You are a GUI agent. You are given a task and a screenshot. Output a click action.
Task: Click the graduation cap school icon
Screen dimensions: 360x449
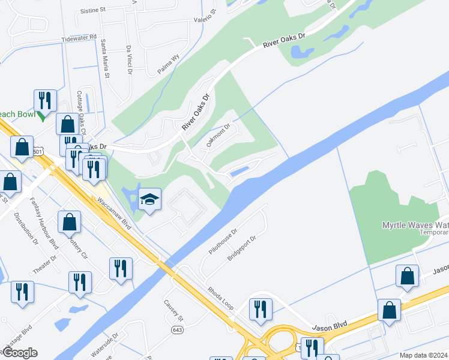[x=149, y=199]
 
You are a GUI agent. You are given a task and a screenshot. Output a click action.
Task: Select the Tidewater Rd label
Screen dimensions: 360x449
[x=79, y=38]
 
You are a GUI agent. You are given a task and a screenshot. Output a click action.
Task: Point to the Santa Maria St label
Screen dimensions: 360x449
[x=105, y=59]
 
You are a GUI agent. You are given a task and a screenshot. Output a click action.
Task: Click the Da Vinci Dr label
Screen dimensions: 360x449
[x=129, y=60]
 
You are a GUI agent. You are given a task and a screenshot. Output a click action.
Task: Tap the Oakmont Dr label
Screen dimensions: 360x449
[x=218, y=135]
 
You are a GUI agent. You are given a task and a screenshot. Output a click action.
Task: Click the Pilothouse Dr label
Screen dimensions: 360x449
[x=223, y=241]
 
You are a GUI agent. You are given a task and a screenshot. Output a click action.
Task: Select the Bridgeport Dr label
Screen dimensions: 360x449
[x=241, y=247]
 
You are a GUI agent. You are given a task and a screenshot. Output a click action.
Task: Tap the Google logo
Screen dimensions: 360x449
[x=19, y=353]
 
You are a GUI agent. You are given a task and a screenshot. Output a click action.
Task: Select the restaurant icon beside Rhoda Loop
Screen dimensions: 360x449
[x=261, y=308]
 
